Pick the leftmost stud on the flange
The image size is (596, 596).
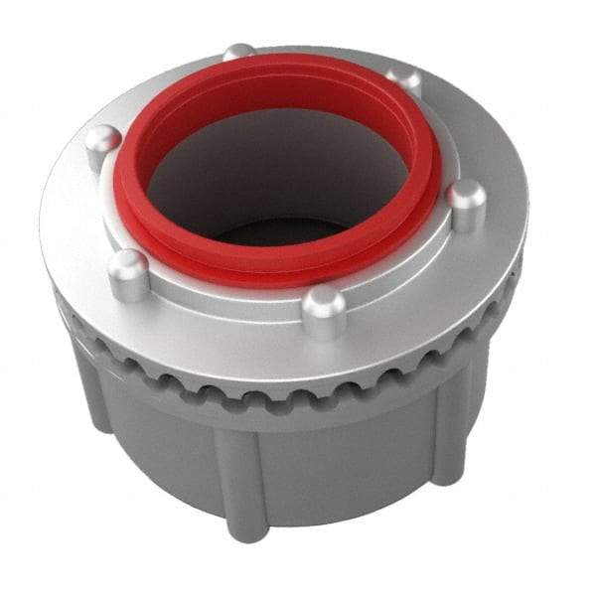[x=102, y=145]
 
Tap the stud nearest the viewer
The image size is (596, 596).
[x=324, y=310]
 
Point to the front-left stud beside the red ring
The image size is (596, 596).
[x=129, y=274]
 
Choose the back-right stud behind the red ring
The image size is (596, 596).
[x=402, y=81]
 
